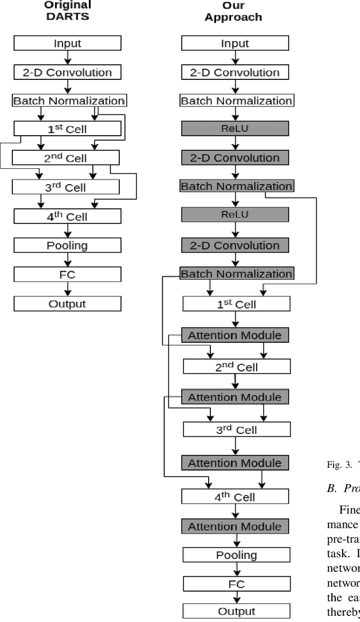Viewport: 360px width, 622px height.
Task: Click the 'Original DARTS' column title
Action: [x=67, y=11]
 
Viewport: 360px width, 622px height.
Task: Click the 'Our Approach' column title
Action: [x=233, y=11]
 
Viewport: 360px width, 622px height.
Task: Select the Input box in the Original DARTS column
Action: [x=67, y=43]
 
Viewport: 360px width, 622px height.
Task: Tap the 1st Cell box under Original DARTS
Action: [x=67, y=129]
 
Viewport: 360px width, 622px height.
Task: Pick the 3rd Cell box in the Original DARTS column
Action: [x=65, y=187]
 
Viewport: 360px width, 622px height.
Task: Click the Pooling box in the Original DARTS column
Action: [x=67, y=245]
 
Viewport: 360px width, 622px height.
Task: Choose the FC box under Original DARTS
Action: [x=67, y=275]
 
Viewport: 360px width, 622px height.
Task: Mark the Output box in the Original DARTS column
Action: [x=67, y=304]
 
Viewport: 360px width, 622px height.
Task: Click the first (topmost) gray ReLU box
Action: [x=235, y=129]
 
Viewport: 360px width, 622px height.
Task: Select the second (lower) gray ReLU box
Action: [x=235, y=214]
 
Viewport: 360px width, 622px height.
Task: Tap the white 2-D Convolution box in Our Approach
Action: [x=235, y=72]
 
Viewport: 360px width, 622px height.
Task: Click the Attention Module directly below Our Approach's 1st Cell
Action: [x=235, y=335]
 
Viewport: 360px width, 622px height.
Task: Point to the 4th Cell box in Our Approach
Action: [x=235, y=496]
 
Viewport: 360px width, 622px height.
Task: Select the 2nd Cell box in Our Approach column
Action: [x=237, y=367]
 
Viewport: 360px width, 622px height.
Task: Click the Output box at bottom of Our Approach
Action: [x=236, y=611]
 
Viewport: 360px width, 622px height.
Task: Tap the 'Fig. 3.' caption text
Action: [x=337, y=465]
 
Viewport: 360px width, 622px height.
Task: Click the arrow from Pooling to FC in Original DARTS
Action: [x=67, y=260]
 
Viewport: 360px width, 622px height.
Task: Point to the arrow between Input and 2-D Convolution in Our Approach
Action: [x=235, y=57]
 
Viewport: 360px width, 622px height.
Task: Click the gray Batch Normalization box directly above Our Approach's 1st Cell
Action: [x=236, y=274]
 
